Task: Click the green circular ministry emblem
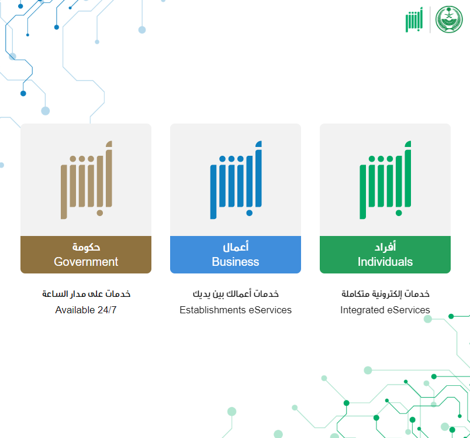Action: tap(449, 19)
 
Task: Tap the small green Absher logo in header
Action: tap(414, 19)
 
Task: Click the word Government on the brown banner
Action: tap(86, 262)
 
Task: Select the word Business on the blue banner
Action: tap(236, 262)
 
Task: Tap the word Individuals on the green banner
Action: tap(385, 262)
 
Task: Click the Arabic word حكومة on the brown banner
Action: tap(86, 247)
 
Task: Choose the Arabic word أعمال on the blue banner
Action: tap(236, 247)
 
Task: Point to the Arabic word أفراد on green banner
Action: tap(385, 247)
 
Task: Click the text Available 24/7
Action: tap(86, 310)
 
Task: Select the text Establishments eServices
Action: tap(236, 310)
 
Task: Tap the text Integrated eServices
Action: tap(385, 310)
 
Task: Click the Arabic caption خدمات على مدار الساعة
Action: tap(86, 293)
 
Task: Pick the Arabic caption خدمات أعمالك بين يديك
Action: tap(236, 293)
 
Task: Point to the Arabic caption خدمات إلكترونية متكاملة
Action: tap(385, 293)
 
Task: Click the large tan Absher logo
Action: tap(87, 180)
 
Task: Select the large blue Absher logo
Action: tap(236, 180)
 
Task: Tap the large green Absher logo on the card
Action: tap(385, 180)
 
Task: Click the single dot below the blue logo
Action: tap(250, 213)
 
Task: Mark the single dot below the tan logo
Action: tap(100, 213)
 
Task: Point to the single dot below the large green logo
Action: tap(399, 213)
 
